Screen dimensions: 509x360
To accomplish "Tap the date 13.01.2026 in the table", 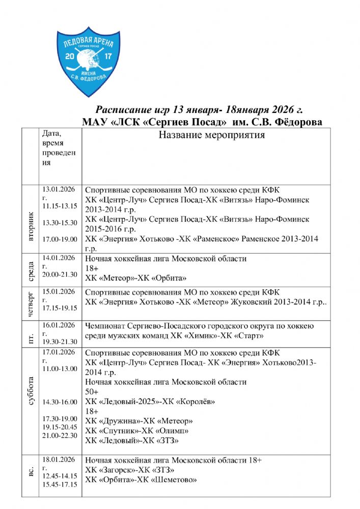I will click(59, 189).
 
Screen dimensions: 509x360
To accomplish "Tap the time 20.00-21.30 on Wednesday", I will click(60, 274).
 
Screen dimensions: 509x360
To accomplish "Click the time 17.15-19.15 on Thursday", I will click(60, 308).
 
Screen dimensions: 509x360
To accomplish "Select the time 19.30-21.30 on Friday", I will click(60, 341).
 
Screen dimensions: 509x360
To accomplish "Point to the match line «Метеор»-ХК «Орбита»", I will click(136, 278).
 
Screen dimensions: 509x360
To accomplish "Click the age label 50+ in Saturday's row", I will click(92, 392).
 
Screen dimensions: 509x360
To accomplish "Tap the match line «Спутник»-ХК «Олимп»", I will click(136, 431).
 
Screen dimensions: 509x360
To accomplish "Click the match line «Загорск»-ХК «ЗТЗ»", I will click(130, 469).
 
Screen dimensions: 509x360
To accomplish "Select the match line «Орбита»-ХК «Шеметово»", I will click(141, 479).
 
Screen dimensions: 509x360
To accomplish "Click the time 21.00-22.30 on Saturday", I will click(60, 435).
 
